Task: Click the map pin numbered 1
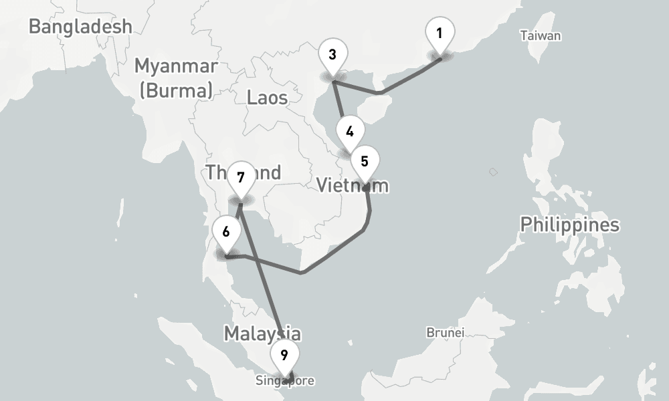(440, 33)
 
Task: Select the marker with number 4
(350, 131)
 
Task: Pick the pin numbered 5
(365, 161)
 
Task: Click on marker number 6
(226, 232)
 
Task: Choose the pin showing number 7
(241, 178)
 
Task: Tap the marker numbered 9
(284, 354)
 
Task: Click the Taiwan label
(541, 36)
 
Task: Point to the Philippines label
(570, 225)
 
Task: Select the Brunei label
(446, 332)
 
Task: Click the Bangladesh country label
(80, 27)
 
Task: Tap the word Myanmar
(176, 66)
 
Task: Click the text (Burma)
(176, 90)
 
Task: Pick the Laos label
(267, 98)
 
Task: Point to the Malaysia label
(262, 333)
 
